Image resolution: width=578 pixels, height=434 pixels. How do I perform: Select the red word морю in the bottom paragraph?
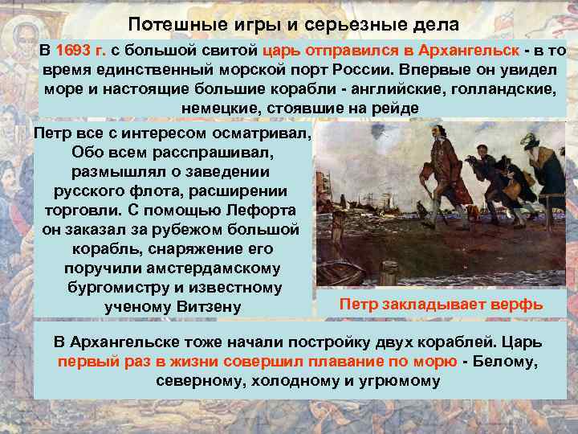click(x=433, y=361)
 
